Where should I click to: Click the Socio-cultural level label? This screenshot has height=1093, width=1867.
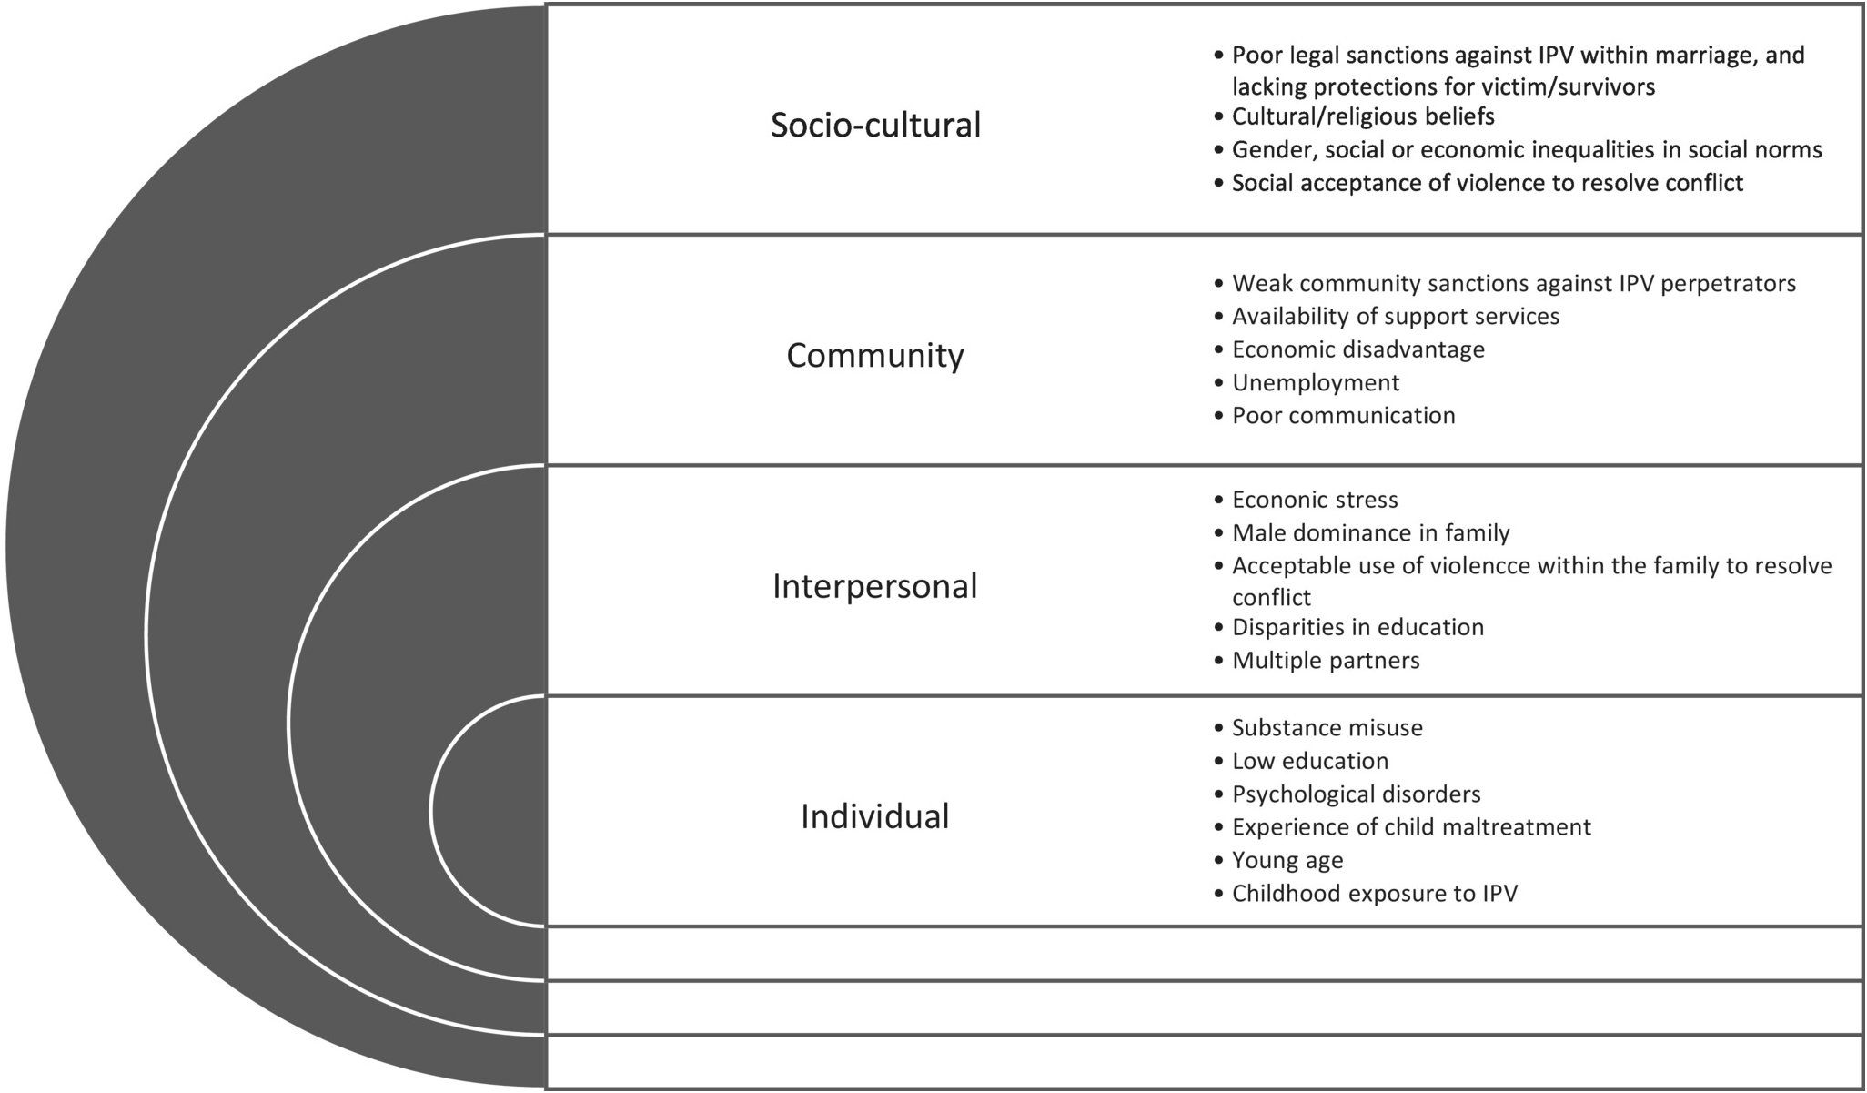[875, 125]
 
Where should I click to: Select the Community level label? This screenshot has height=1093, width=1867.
[874, 355]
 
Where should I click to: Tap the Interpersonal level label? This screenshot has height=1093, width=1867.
[874, 586]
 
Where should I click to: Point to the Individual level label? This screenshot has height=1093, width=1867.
[874, 816]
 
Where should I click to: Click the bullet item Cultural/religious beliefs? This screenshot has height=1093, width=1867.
[1362, 116]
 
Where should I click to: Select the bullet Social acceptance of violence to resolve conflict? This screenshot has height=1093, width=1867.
[1487, 183]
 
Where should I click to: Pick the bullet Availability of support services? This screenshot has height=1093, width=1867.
[1395, 316]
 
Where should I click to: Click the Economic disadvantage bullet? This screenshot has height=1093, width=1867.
[1357, 349]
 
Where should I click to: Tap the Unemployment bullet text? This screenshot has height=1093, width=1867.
[1315, 382]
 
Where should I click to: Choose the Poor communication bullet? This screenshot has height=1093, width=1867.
[1343, 415]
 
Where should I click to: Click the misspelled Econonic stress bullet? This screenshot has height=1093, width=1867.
[1314, 500]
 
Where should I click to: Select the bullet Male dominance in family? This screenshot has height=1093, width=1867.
[1370, 532]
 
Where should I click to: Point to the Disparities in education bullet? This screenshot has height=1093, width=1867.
[1357, 627]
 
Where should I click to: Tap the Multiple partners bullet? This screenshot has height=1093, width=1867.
[1325, 660]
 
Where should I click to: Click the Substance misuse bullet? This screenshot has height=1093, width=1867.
[1327, 727]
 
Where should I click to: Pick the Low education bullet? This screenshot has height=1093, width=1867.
[1309, 761]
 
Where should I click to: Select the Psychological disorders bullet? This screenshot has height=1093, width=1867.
[1356, 794]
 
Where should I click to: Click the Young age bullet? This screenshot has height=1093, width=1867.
[1287, 860]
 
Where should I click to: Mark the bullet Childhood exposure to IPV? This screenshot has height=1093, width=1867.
[1374, 893]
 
